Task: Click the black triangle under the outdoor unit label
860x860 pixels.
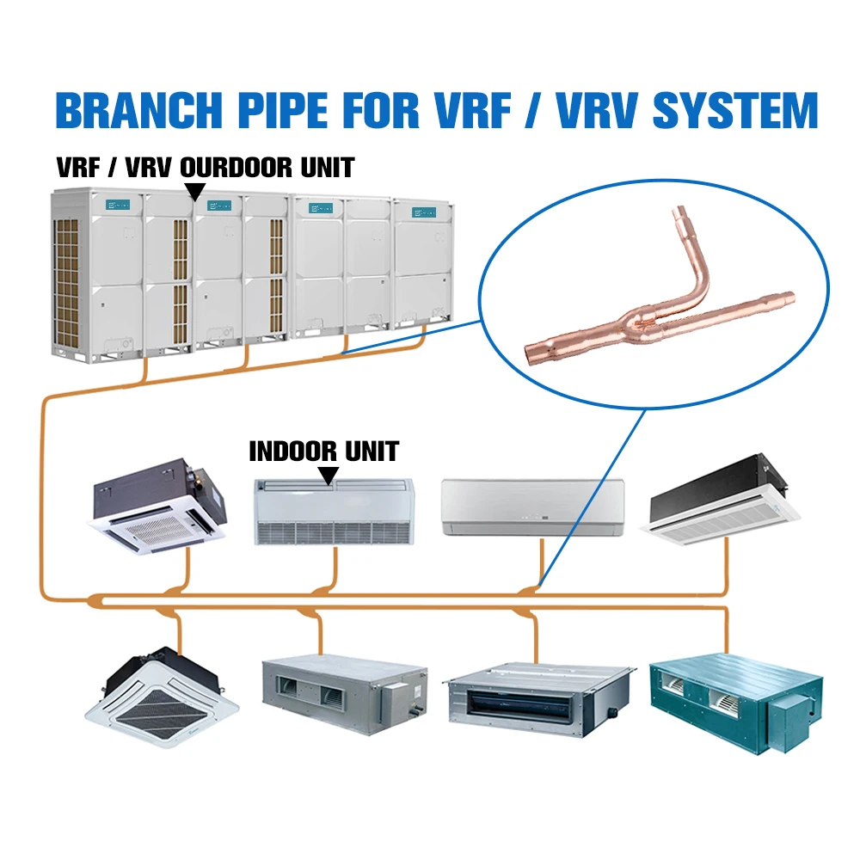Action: coord(195,191)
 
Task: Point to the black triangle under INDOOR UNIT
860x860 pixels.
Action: coord(328,474)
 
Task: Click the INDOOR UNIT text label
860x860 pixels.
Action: coord(323,451)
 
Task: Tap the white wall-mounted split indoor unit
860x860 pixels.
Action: coord(532,507)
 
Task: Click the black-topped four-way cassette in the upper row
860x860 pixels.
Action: coord(161,506)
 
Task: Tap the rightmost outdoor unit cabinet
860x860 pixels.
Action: coord(422,263)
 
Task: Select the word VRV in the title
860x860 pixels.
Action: coord(536,110)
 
